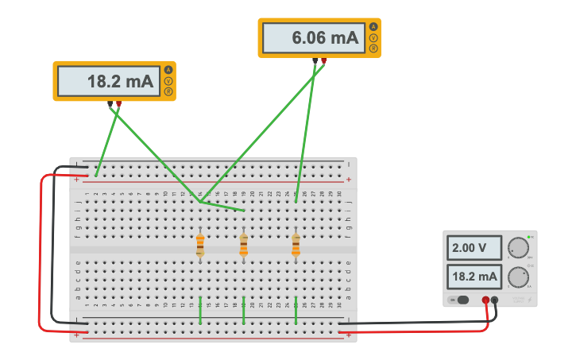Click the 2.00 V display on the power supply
click(x=474, y=248)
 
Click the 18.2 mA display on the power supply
click(x=474, y=277)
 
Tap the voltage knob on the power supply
click(x=518, y=248)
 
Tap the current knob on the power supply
click(x=518, y=277)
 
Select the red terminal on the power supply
click(x=485, y=300)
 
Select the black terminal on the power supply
click(x=495, y=300)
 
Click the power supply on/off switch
click(x=459, y=300)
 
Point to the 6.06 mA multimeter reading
click(x=310, y=38)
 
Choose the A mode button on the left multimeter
click(x=168, y=71)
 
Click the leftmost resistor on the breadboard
click(x=200, y=246)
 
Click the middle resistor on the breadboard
click(x=243, y=246)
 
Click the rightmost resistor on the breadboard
click(x=296, y=246)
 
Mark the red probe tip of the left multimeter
click(x=118, y=104)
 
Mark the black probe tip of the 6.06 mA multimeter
click(x=315, y=60)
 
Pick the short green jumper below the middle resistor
click(x=243, y=310)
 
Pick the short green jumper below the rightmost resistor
click(x=296, y=310)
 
